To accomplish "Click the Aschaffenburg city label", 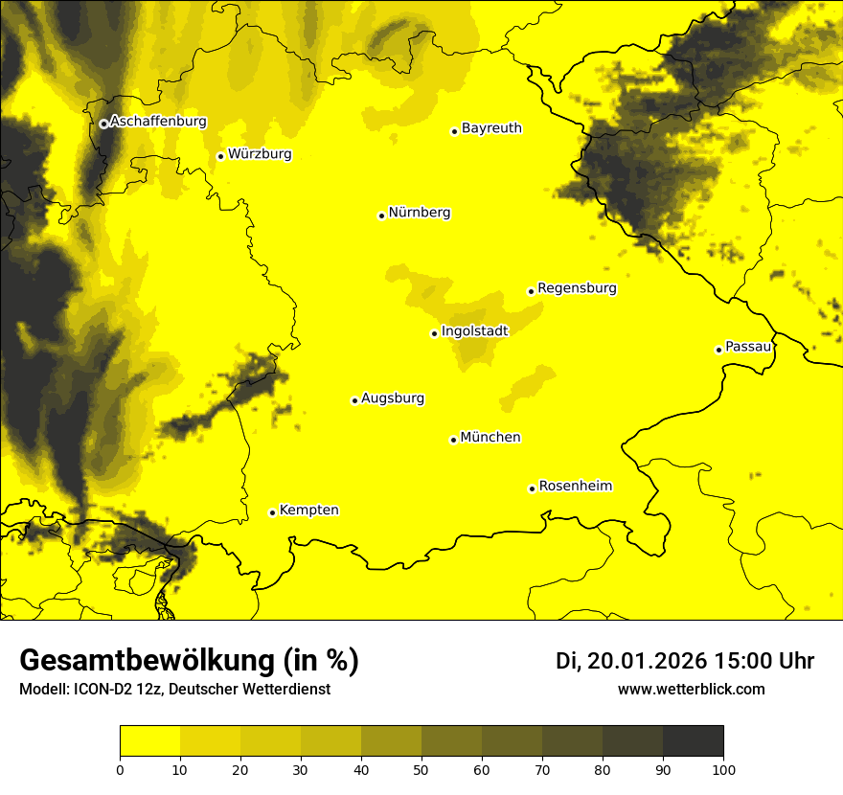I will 158,122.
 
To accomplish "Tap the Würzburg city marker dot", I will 220,156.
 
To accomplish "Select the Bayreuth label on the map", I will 491,128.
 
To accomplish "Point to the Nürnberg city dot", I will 381,216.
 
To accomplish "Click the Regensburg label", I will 577,288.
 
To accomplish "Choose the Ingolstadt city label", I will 474,330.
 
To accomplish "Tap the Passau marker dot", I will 718,350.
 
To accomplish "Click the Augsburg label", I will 393,398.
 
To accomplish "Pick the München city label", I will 490,438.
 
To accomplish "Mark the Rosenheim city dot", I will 532,488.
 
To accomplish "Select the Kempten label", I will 308,511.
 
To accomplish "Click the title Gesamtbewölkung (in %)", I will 189,661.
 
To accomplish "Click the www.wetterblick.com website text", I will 691,689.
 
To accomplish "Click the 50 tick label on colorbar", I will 421,768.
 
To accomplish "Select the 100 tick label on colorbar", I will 722,768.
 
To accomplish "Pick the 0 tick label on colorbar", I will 120,768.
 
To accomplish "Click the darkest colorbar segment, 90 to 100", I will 693,741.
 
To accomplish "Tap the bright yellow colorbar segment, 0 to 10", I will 149,741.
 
